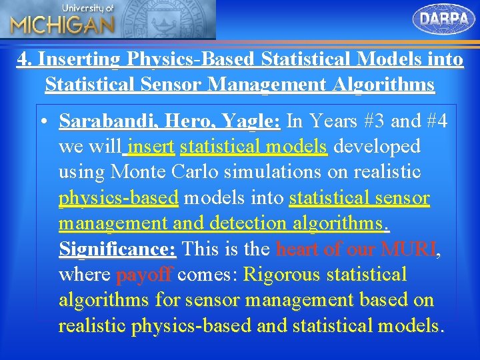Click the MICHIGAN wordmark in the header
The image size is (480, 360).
click(x=61, y=25)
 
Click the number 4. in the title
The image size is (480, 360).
click(x=25, y=59)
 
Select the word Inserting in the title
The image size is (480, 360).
click(x=79, y=59)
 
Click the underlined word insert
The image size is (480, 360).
click(x=151, y=147)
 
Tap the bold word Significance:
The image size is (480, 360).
click(x=117, y=249)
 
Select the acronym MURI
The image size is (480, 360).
click(x=407, y=249)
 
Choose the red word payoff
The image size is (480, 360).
click(x=144, y=275)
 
